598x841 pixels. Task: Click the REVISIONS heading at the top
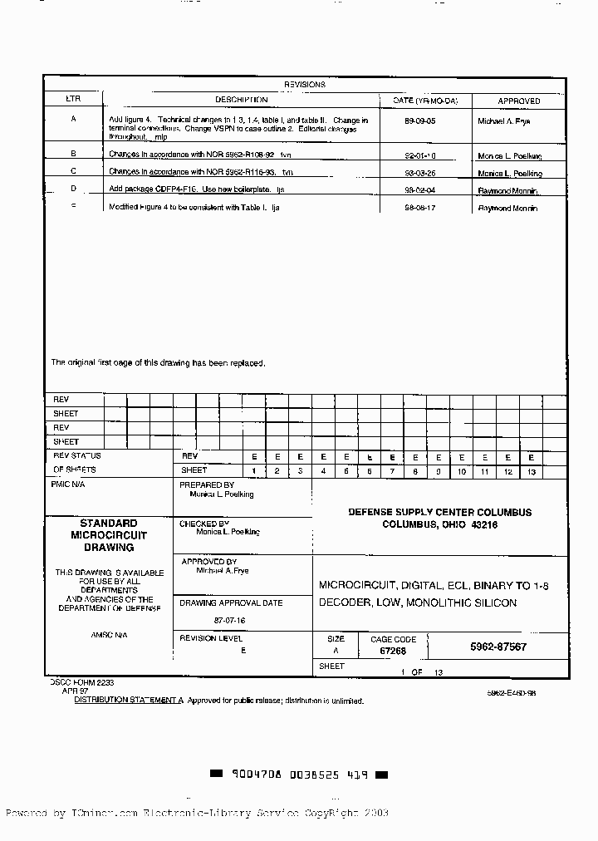pos(305,85)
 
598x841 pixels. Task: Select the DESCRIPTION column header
pos(241,100)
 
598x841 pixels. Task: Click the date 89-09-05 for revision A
pos(419,120)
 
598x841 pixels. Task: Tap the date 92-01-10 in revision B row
pos(419,155)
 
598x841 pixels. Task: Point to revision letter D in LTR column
pos(73,189)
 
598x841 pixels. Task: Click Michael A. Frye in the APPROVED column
pos(503,121)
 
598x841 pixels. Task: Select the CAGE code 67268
pos(393,652)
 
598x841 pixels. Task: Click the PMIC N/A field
pos(68,484)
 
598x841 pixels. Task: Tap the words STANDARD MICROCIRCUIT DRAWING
pos(108,536)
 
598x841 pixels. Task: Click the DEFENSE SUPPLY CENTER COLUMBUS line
pos(439,512)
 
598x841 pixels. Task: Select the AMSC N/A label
pos(109,635)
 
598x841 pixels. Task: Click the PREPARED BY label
pos(207,484)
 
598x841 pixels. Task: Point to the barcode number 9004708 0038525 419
pos(299,775)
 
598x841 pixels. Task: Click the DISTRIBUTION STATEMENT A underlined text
pos(129,701)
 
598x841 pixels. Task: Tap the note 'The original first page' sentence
pos(158,362)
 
